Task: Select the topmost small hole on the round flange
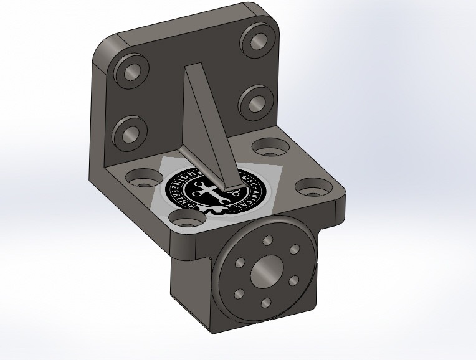pos(268,241)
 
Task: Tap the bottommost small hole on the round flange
pos(265,303)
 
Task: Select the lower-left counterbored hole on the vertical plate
pos(129,133)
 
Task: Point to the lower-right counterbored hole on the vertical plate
pos(254,100)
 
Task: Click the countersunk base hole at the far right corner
pos(310,186)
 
